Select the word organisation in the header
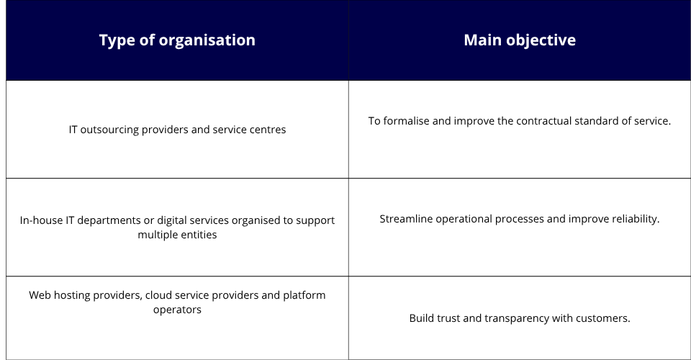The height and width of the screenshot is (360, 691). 207,40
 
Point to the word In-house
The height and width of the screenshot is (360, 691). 41,220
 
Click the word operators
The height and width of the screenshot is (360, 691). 177,310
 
